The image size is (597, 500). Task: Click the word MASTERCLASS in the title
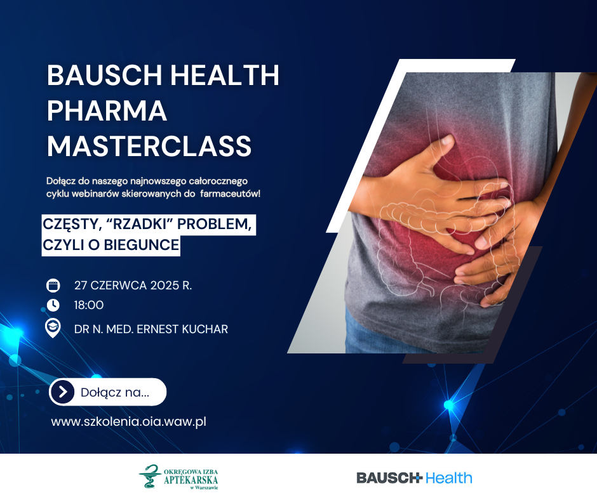(x=149, y=146)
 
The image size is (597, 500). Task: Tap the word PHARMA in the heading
(x=107, y=111)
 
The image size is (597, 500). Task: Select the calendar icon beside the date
(x=53, y=286)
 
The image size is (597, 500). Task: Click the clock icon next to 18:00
(x=53, y=305)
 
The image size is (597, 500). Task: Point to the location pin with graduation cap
(x=53, y=328)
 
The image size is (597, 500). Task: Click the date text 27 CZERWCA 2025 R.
(x=133, y=286)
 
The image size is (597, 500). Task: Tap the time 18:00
(x=89, y=305)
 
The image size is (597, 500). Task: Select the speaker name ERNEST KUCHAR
(x=182, y=329)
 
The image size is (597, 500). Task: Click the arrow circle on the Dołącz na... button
(x=62, y=391)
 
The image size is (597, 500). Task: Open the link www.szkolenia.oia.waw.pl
(x=129, y=421)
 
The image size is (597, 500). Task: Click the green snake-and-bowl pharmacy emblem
(x=150, y=476)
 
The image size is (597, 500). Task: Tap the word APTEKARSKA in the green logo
(x=191, y=480)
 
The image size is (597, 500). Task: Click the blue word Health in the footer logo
(x=448, y=478)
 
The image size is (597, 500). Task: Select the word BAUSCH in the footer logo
(x=388, y=478)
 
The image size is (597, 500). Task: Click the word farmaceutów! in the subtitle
(x=230, y=194)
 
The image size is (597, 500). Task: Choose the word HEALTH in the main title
(x=225, y=75)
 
